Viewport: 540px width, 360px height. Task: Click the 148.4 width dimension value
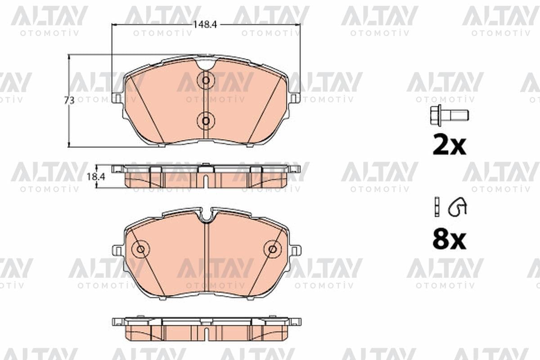(x=205, y=25)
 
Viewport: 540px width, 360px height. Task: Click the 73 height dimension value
(x=69, y=100)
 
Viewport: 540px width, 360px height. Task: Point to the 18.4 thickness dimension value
(x=96, y=177)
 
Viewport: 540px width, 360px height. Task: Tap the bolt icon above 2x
(x=450, y=115)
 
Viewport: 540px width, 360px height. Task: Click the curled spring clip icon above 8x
(x=457, y=207)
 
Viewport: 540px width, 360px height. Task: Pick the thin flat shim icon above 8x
(x=436, y=207)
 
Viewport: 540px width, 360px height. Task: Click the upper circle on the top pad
(x=206, y=80)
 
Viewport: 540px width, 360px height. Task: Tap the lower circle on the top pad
(x=206, y=121)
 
